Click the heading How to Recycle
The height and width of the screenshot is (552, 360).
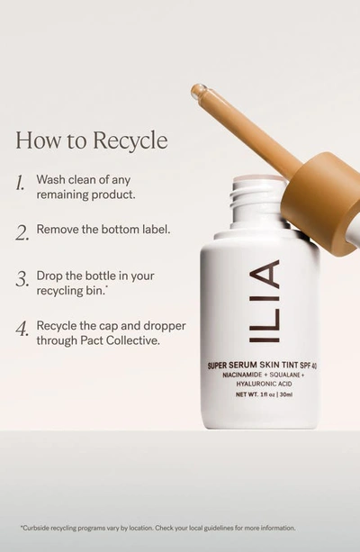[x=91, y=142]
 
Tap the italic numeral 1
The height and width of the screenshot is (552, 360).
[x=21, y=184]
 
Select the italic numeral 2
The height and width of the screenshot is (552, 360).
[x=22, y=231]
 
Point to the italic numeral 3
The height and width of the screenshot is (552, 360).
[x=22, y=280]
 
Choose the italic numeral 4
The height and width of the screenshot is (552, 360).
[x=22, y=329]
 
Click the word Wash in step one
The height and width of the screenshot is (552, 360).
[x=51, y=179]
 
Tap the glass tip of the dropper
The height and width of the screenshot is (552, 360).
[x=198, y=91]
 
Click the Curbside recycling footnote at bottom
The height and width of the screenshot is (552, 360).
[x=157, y=528]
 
